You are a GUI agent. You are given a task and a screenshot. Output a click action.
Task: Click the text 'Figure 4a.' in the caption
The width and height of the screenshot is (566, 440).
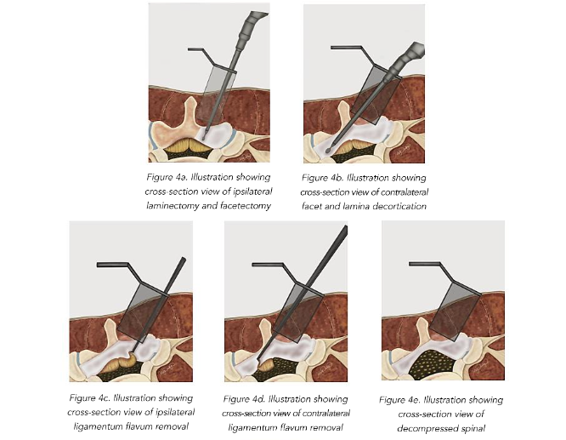pos(167,177)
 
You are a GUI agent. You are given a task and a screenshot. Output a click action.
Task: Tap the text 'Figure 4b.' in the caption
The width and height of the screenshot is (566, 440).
pos(322,178)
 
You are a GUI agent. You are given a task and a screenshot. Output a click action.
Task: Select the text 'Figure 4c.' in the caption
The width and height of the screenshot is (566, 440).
pos(89,398)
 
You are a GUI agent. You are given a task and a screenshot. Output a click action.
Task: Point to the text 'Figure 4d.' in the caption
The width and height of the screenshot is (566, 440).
pos(244,399)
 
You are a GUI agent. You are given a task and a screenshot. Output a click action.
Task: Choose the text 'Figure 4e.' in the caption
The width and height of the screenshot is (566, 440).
pos(400,400)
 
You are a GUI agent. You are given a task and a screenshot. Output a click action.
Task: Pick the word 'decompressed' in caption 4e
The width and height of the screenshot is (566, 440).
pos(423,428)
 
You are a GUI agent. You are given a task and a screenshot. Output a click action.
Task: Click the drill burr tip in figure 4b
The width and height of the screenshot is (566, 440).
pos(328,150)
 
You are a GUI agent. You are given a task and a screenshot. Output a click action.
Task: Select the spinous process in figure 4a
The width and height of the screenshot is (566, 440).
pos(187,113)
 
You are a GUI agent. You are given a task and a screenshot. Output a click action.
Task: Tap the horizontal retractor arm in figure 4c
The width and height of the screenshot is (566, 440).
pos(113,265)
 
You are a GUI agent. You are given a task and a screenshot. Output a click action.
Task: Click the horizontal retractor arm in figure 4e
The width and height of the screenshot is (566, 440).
pos(425,265)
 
